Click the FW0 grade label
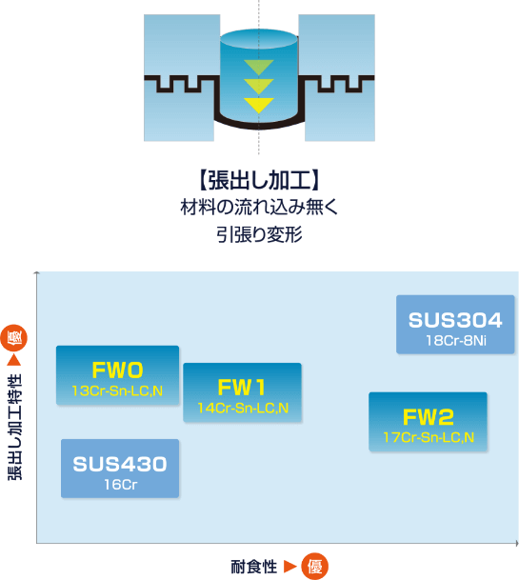[x=118, y=370]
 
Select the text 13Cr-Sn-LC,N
[x=117, y=391]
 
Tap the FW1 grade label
[x=242, y=388]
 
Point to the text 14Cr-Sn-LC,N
[x=243, y=408]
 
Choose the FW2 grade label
[x=428, y=417]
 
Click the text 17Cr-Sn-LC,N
[x=429, y=437]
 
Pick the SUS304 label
[x=455, y=320]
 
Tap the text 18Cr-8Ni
[x=456, y=341]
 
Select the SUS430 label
[x=120, y=464]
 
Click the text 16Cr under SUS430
[x=121, y=485]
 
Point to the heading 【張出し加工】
[x=259, y=181]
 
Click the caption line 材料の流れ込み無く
[x=259, y=207]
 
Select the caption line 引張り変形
[x=259, y=234]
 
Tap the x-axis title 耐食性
[x=253, y=567]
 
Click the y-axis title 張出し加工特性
[x=15, y=428]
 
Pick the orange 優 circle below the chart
[x=315, y=567]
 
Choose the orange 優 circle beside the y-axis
[x=14, y=338]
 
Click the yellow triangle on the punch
[x=259, y=105]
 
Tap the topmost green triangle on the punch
[x=259, y=67]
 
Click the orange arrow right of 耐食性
[x=290, y=567]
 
